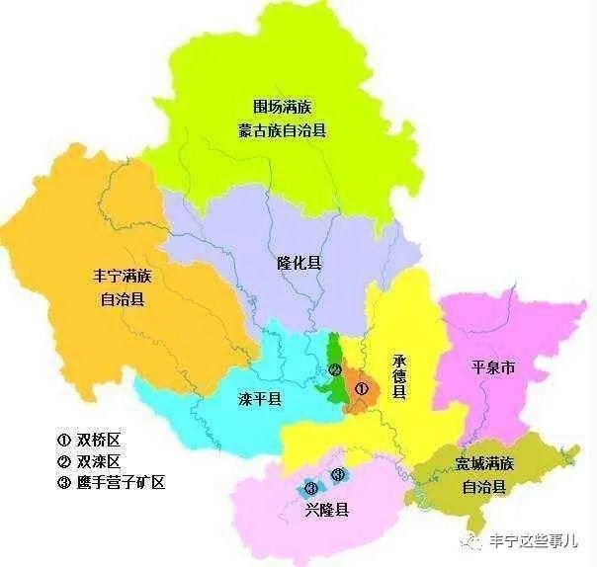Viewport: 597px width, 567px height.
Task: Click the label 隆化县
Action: click(299, 264)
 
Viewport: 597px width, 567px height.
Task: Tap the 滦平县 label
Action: click(260, 399)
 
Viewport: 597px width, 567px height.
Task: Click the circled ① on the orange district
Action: click(362, 389)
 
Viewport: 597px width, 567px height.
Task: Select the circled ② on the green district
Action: click(335, 371)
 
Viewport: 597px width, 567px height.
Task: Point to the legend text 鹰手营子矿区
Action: click(121, 483)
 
